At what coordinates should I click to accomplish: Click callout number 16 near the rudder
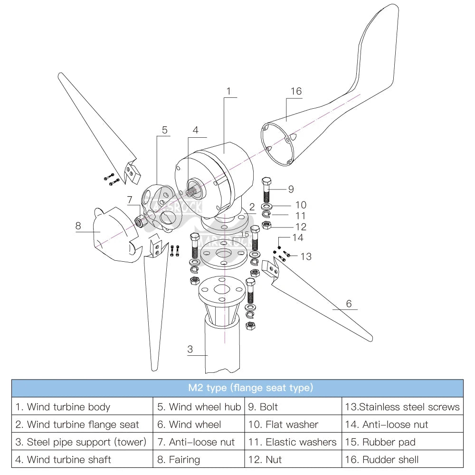pyautogui.click(x=296, y=91)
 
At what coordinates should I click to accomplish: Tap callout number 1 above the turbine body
pyautogui.click(x=228, y=90)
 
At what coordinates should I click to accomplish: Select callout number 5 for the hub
pyautogui.click(x=165, y=130)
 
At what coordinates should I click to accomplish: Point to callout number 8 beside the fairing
pyautogui.click(x=78, y=226)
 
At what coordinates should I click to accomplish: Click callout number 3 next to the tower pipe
pyautogui.click(x=190, y=349)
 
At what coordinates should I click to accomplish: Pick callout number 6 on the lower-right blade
pyautogui.click(x=349, y=304)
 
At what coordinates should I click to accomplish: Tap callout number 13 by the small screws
pyautogui.click(x=306, y=256)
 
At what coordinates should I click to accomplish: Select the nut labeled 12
pyautogui.click(x=267, y=225)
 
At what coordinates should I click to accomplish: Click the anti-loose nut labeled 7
pyautogui.click(x=141, y=220)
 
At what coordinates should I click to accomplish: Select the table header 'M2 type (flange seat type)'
pyautogui.click(x=237, y=388)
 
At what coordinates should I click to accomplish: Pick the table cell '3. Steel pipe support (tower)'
pyautogui.click(x=81, y=442)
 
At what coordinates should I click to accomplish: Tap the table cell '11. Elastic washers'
pyautogui.click(x=292, y=442)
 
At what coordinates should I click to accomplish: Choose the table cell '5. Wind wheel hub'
pyautogui.click(x=199, y=407)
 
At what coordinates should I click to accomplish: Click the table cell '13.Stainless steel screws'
pyautogui.click(x=402, y=407)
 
